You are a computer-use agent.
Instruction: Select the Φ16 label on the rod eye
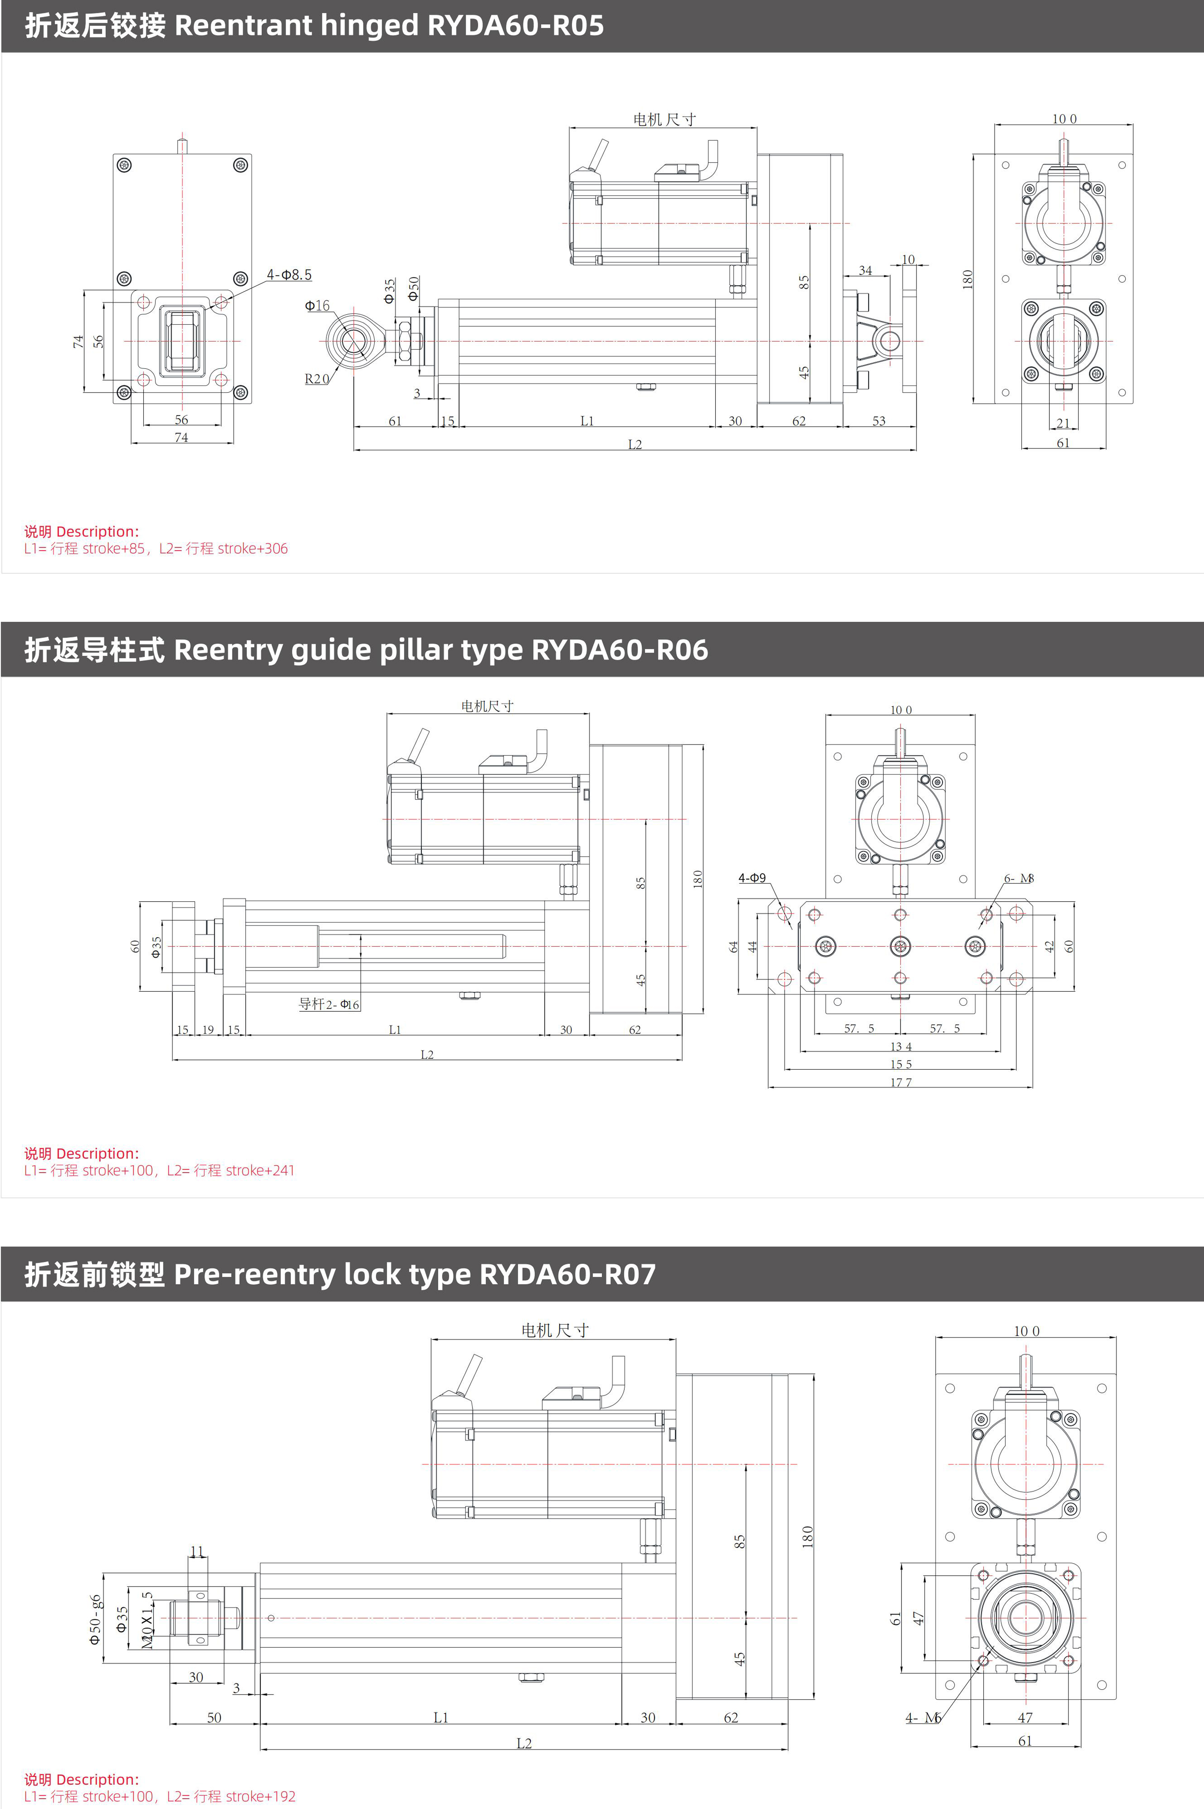[x=317, y=305]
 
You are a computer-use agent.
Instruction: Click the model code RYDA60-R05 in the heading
[x=515, y=26]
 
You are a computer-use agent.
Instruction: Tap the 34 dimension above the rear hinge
[x=865, y=270]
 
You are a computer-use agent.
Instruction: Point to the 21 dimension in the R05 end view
[x=1063, y=423]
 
